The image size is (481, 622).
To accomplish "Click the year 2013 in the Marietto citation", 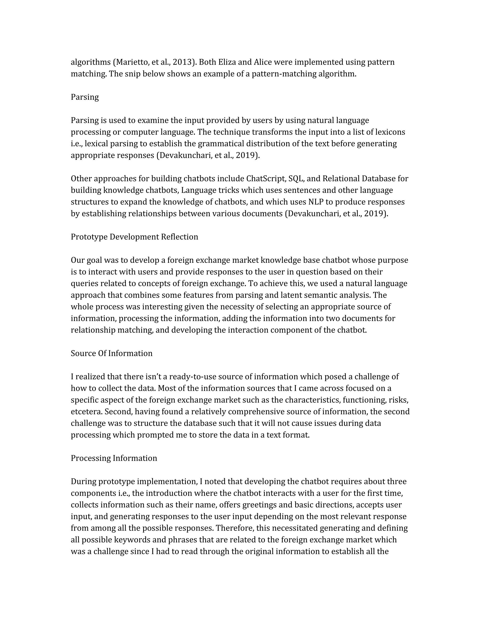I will (182, 62).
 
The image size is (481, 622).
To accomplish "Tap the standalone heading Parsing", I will (85, 97).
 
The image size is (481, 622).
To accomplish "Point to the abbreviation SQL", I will (296, 179).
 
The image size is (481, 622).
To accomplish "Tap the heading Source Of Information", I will (111, 353).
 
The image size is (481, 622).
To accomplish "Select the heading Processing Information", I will (114, 458).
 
